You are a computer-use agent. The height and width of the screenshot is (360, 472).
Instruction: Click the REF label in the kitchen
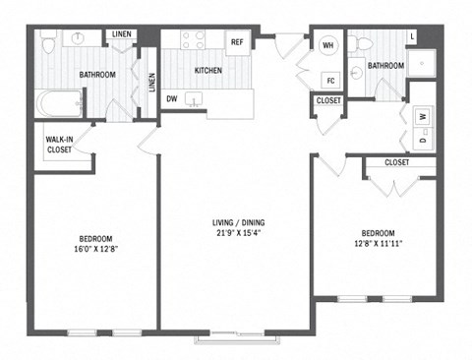237,42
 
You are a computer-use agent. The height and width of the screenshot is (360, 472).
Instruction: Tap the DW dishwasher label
173,98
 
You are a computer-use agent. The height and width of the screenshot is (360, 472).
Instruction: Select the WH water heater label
327,44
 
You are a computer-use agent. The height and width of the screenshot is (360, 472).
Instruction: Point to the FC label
331,80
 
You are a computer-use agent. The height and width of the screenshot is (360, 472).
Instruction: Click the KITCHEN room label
207,71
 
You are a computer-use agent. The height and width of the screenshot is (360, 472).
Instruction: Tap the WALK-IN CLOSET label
58,146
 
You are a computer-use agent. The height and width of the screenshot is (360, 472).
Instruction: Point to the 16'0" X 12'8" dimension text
95,251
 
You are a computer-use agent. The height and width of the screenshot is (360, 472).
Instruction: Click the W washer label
423,116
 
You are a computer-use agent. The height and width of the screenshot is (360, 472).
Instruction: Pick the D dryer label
423,141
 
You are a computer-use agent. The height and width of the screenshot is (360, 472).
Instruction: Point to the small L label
413,37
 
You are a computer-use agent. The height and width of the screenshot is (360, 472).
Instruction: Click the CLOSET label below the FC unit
328,100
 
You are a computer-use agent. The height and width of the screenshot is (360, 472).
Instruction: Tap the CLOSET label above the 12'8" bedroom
397,162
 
